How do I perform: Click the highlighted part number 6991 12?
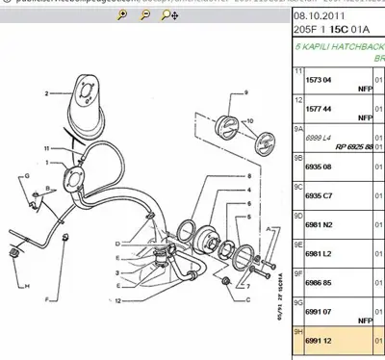pos(312,342)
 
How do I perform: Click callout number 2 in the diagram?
pos(44,95)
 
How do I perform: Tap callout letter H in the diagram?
pos(28,288)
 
